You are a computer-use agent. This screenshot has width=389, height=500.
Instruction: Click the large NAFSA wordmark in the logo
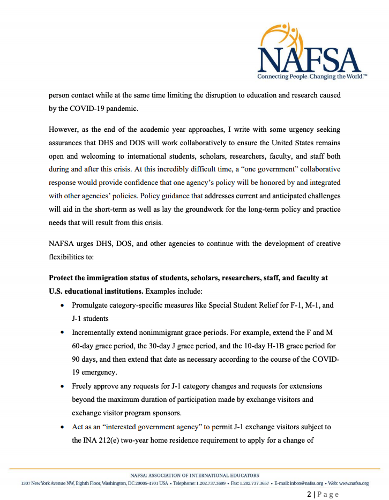point(310,59)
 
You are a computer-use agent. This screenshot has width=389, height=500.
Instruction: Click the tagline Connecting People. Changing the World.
point(312,77)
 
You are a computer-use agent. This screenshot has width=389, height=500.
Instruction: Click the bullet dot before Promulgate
point(62,305)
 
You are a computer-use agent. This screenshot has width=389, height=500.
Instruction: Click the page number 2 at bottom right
point(310,495)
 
